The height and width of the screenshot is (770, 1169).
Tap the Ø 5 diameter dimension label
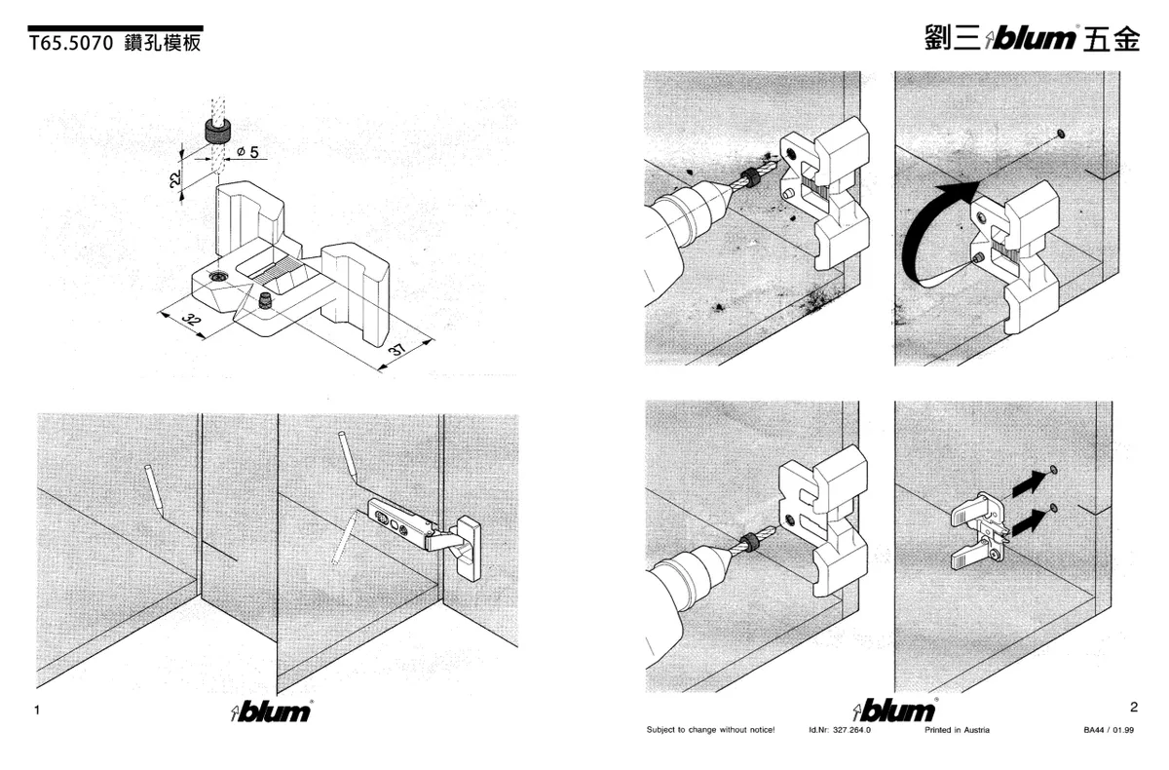(x=246, y=152)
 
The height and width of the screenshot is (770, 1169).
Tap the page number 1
(x=36, y=711)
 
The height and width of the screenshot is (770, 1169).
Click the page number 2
(x=1133, y=707)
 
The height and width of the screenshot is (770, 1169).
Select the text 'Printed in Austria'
(x=957, y=730)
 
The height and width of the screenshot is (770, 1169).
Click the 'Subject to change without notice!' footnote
(x=710, y=730)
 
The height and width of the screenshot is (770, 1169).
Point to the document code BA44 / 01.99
(x=1109, y=730)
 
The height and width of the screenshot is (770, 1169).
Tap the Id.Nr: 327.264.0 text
(x=840, y=730)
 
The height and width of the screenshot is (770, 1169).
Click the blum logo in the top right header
(x=1033, y=39)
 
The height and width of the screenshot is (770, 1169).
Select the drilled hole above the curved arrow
(x=1060, y=132)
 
